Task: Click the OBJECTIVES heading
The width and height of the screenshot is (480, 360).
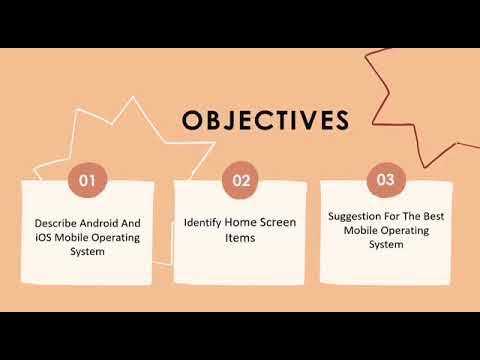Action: click(265, 121)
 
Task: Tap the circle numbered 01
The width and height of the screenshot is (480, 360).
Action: click(87, 181)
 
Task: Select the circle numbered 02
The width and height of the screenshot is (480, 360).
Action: click(240, 181)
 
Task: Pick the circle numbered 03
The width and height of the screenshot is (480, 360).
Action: click(386, 181)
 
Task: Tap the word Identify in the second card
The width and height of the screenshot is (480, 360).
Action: click(203, 222)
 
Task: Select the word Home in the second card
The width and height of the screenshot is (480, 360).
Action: click(241, 222)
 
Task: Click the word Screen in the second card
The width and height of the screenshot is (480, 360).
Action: click(278, 222)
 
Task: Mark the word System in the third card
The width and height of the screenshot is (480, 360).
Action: click(385, 243)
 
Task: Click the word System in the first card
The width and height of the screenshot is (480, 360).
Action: click(88, 251)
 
